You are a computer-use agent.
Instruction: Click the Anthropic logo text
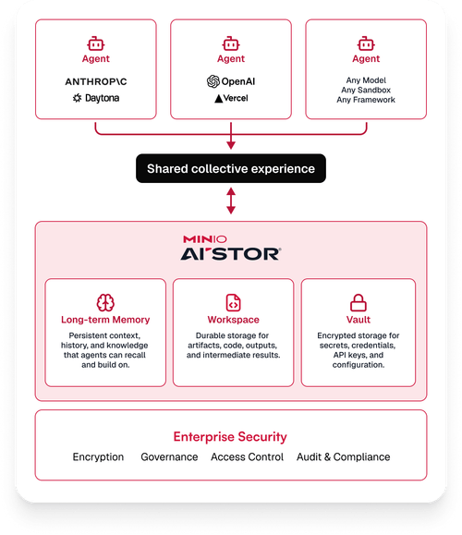click(x=96, y=81)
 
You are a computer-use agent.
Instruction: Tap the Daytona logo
click(x=96, y=98)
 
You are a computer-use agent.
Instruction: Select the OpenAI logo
click(x=231, y=81)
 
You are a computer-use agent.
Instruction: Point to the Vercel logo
click(x=231, y=98)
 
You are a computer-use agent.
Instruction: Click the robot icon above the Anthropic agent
click(x=96, y=43)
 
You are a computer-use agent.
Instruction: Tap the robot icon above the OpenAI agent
click(x=231, y=43)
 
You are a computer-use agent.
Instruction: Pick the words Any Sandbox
click(x=366, y=90)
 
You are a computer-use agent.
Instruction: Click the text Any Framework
click(x=366, y=100)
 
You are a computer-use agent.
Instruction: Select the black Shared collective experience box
click(x=231, y=168)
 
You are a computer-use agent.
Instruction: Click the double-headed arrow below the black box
click(x=231, y=201)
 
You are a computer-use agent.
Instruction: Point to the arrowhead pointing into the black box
click(x=231, y=146)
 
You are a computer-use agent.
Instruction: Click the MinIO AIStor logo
click(x=231, y=248)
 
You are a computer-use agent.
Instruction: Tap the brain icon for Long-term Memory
click(x=105, y=303)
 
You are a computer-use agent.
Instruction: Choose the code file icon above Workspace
click(x=234, y=303)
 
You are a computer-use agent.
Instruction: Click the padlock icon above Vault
click(x=359, y=303)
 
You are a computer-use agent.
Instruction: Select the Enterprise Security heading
click(x=230, y=437)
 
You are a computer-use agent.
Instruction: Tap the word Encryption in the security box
click(x=98, y=456)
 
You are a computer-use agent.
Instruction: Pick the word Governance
click(x=169, y=456)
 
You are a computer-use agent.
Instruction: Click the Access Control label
click(x=247, y=456)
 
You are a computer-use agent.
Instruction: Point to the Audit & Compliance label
click(x=343, y=456)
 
